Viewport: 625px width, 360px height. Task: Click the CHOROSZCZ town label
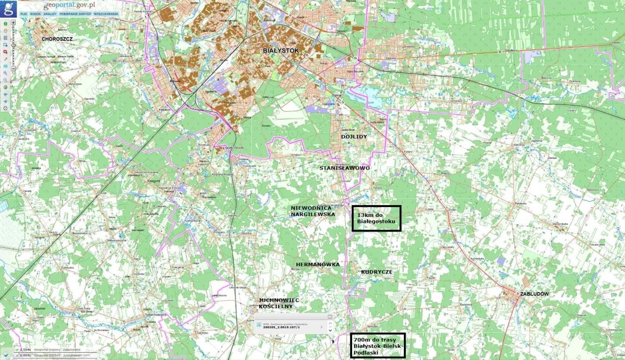57,38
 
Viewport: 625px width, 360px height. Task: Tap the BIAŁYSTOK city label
280,50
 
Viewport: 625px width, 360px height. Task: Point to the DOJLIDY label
354,137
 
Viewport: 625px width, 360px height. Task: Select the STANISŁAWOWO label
345,168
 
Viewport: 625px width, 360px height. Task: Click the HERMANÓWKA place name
318,264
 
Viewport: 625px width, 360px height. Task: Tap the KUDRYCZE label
377,272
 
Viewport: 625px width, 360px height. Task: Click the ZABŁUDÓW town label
535,294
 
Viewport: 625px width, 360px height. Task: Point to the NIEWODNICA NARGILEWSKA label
313,211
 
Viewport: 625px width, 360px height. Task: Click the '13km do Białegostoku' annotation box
376,218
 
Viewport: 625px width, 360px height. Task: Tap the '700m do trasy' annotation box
377,346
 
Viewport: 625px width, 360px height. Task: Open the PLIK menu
23,14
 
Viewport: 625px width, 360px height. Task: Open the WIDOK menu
35,14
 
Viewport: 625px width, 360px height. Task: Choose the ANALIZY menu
50,14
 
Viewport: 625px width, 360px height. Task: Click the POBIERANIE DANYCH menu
75,14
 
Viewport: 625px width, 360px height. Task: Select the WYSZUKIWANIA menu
106,14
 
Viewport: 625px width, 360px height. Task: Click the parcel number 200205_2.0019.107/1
281,327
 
